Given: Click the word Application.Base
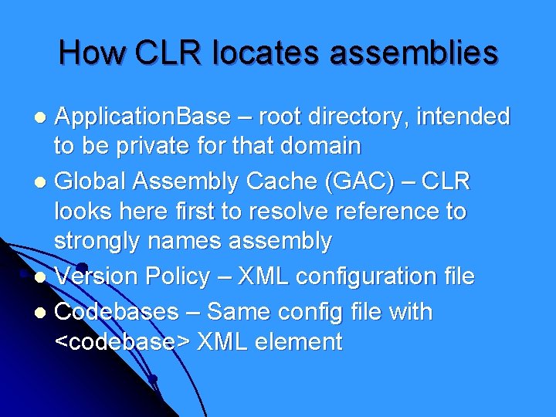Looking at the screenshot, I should click(144, 117).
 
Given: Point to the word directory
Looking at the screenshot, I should click(362, 117).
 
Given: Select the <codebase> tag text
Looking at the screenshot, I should click(124, 341).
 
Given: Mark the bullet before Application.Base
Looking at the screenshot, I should click(44, 118).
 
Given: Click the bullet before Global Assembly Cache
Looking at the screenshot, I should click(44, 182).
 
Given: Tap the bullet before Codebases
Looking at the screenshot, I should click(44, 313).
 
